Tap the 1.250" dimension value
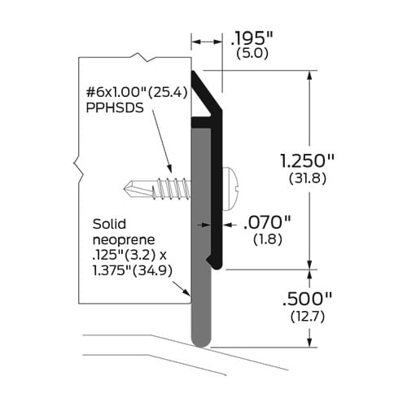(350, 159)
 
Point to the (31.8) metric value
(349, 177)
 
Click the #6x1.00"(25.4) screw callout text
(137, 92)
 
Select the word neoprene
(125, 239)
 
